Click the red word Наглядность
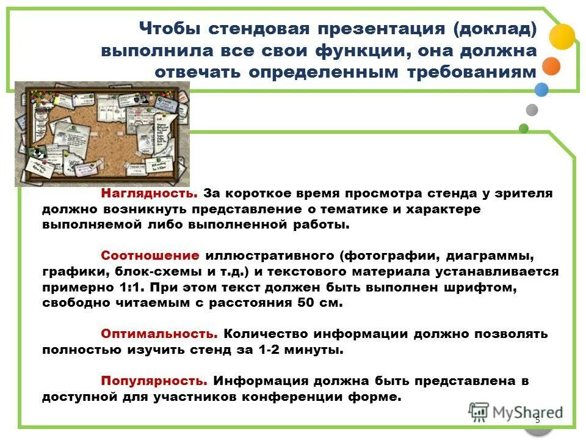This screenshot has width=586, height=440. (149, 194)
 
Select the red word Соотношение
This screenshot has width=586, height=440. (150, 255)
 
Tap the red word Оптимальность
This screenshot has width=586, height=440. (159, 334)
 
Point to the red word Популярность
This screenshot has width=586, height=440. (154, 380)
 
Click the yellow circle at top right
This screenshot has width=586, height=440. (562, 36)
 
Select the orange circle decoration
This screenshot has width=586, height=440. (551, 66)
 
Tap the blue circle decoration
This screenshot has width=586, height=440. (541, 90)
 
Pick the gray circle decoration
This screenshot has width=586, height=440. (532, 110)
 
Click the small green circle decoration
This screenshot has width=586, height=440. (523, 128)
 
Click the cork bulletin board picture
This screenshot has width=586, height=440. (101, 133)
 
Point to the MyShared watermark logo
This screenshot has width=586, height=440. (516, 413)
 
